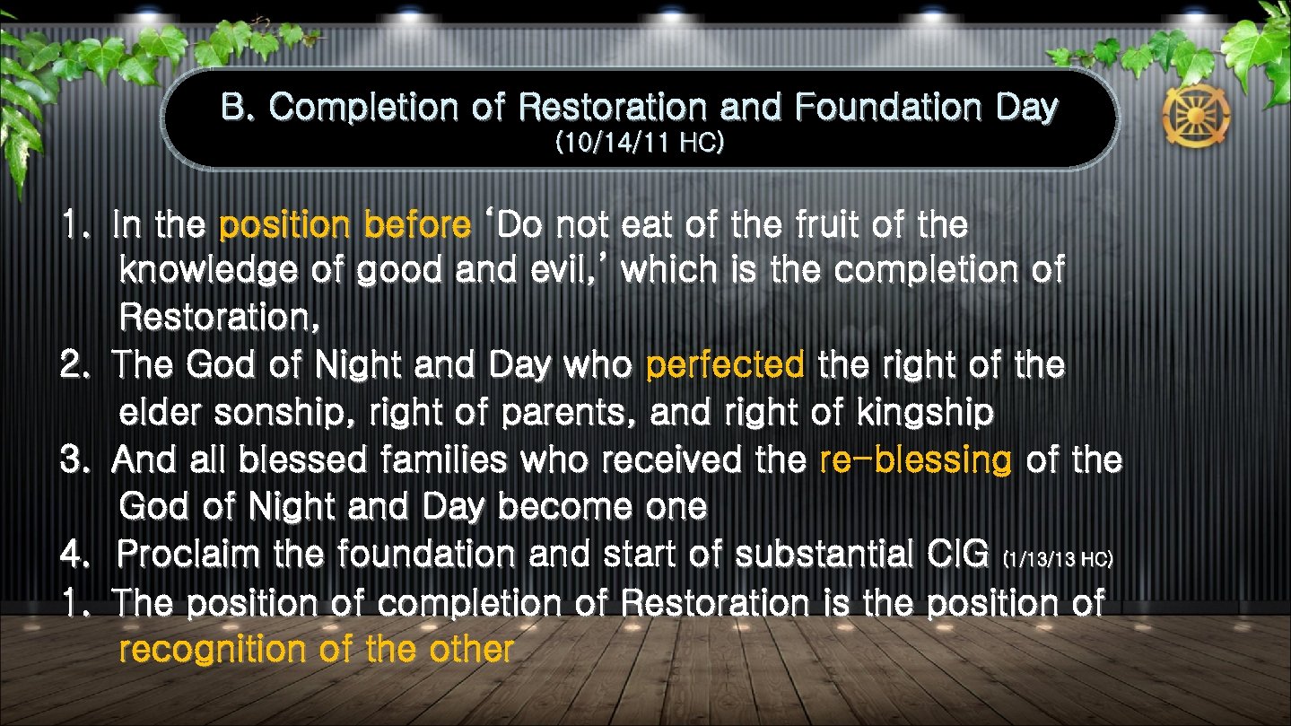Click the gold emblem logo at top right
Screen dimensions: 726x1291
pyautogui.click(x=1196, y=118)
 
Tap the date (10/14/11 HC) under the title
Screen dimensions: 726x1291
pyautogui.click(x=640, y=144)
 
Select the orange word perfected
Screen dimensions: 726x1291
pyautogui.click(x=725, y=365)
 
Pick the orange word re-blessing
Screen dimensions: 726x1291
pyautogui.click(x=916, y=460)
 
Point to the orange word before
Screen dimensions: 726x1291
pyautogui.click(x=417, y=225)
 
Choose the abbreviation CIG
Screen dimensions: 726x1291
pyautogui.click(x=951, y=555)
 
